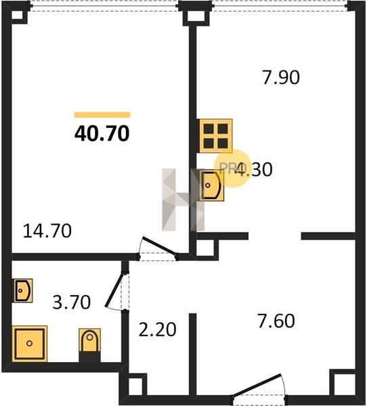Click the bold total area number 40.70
coord(102,133)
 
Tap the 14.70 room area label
coord(47,231)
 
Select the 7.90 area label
coord(281,77)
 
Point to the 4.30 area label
coord(254,169)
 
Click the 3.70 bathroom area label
coord(72,302)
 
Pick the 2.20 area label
coord(157,330)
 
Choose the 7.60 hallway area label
coord(276,321)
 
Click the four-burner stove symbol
coord(215,136)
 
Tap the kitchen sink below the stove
coord(212,185)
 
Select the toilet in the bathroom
coord(89,341)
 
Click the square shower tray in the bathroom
coord(30,344)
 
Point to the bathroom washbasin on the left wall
coord(23,290)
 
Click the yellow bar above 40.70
coord(102,115)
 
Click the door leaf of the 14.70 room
coord(159,247)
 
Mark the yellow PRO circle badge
coord(232,168)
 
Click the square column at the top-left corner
coord(19,15)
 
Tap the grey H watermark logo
coord(183,200)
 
